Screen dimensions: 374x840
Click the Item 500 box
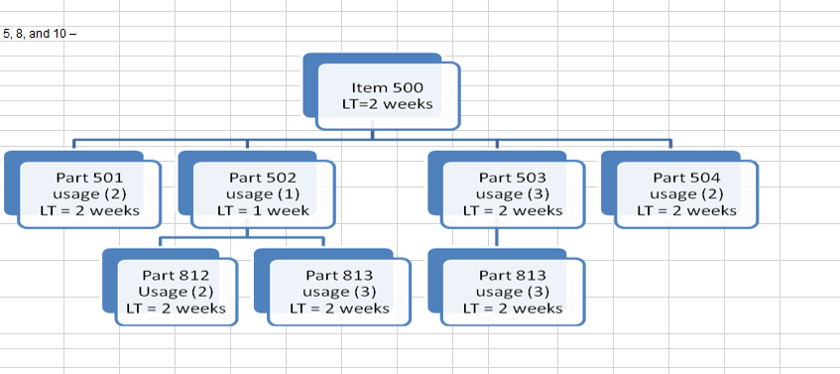[x=388, y=95]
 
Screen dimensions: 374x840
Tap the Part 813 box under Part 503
[x=513, y=291]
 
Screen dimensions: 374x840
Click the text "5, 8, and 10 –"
[x=40, y=34]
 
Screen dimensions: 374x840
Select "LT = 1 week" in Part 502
[x=264, y=210]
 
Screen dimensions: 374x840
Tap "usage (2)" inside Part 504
[x=686, y=193]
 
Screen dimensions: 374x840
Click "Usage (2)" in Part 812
[x=177, y=291]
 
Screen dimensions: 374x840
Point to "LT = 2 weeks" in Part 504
[x=686, y=210]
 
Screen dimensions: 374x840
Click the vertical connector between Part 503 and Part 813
[x=496, y=238]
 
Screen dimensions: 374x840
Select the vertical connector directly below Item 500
[x=371, y=135]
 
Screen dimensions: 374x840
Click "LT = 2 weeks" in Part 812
[x=177, y=308]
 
